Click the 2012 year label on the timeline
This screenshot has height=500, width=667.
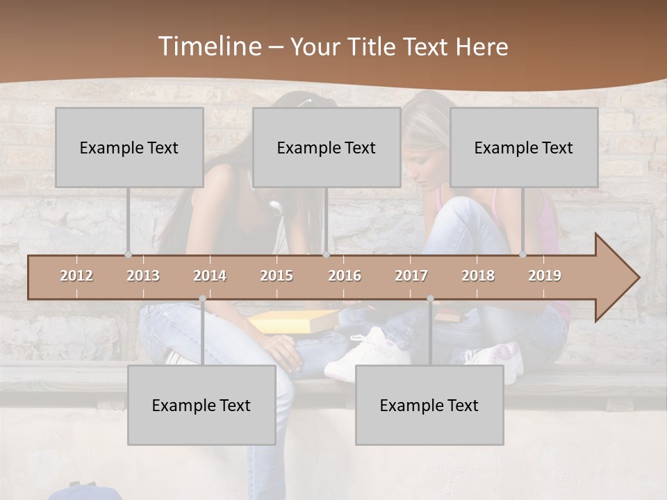coord(76,276)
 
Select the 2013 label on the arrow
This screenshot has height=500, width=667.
coord(143,276)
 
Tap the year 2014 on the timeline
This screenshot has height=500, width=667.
coord(210,276)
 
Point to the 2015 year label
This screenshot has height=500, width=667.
coord(277,276)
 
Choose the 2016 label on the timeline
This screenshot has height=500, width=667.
coord(345,276)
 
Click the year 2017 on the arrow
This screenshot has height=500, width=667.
coord(411,276)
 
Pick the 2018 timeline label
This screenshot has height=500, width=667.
coord(478,276)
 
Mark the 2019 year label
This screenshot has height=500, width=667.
coord(545,276)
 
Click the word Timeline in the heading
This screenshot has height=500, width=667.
coord(208,47)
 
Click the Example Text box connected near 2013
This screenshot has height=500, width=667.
coord(129,147)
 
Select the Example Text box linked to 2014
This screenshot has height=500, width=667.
coord(201,405)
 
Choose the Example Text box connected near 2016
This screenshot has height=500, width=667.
coord(327,147)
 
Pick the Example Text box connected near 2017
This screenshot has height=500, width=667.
coord(429,405)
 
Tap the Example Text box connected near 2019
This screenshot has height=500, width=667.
coord(524,147)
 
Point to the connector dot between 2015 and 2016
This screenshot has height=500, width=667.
coord(327,255)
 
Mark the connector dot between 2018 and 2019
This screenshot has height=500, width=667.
coord(523,255)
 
